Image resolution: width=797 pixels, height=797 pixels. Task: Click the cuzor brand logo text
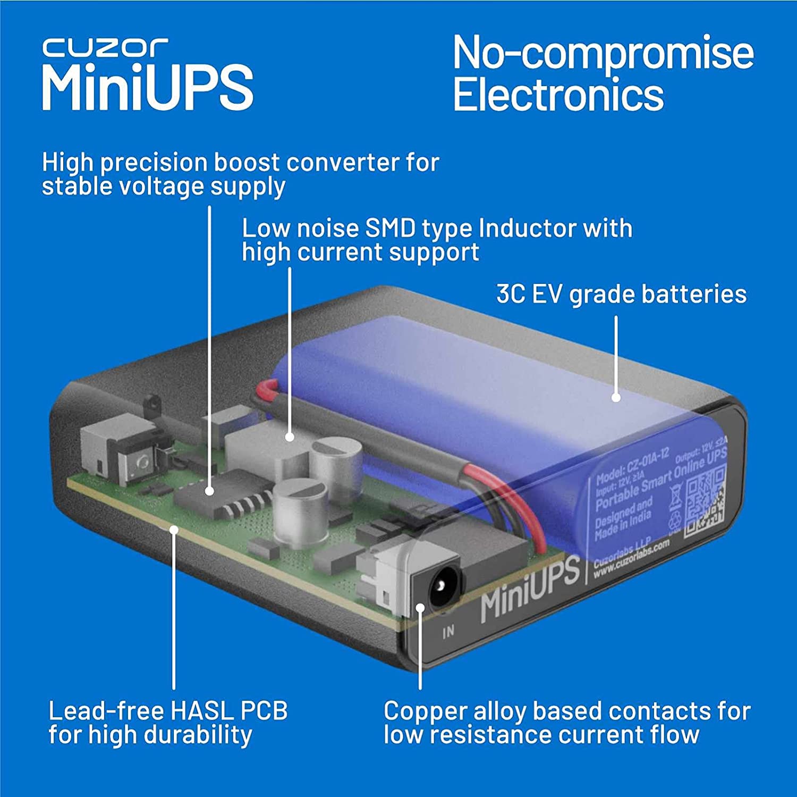tap(105, 48)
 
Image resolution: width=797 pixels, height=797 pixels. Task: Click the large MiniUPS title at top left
tap(147, 88)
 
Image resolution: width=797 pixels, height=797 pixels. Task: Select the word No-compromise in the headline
tap(603, 53)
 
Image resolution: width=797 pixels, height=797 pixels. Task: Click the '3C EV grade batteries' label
tap(621, 294)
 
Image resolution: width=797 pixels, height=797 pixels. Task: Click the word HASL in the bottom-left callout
tap(202, 711)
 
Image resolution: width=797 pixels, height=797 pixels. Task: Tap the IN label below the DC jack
tap(448, 631)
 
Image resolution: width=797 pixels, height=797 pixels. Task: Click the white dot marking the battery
tap(616, 397)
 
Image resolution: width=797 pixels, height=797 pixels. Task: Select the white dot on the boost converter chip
tap(210, 492)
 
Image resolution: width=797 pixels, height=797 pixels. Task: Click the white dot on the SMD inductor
tap(290, 437)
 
